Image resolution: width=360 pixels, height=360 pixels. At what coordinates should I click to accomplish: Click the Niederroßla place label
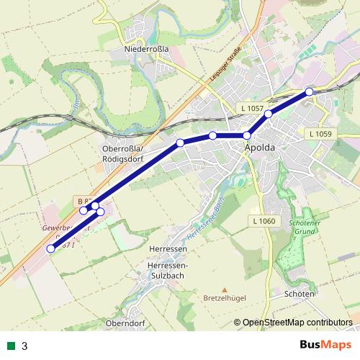click(x=146, y=49)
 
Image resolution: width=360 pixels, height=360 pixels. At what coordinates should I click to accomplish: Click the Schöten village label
click(x=300, y=294)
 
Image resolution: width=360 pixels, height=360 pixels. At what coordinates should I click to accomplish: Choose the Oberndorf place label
click(x=125, y=323)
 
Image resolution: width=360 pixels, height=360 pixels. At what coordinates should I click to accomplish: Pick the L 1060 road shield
click(x=264, y=220)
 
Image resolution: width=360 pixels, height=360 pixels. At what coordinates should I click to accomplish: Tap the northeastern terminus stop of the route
click(x=309, y=91)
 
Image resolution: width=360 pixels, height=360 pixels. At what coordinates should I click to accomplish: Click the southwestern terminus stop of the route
click(x=50, y=249)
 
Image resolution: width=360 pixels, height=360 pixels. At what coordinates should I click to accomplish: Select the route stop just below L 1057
click(x=269, y=114)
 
